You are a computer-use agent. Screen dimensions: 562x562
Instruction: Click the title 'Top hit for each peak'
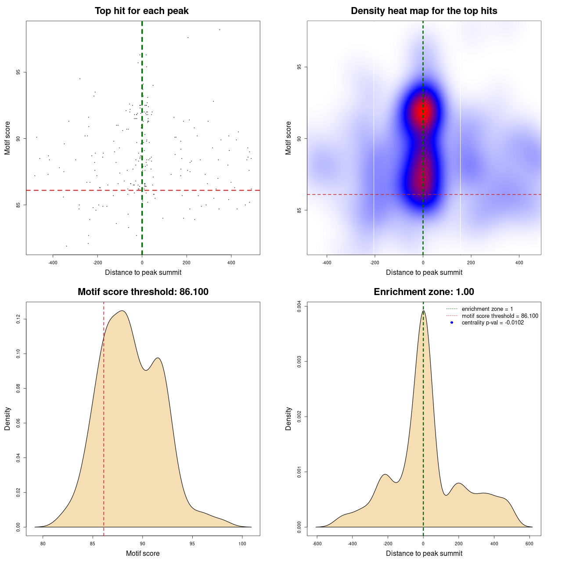(141, 11)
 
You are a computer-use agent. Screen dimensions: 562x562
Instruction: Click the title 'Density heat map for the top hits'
(424, 11)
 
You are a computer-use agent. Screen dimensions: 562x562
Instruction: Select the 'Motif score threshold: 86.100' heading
(143, 292)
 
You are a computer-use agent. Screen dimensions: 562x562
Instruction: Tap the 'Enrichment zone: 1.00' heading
(424, 292)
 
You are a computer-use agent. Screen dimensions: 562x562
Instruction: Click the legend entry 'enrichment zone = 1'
(487, 309)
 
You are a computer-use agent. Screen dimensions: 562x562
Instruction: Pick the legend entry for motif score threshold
(500, 316)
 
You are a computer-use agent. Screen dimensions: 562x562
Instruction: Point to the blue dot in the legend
(452, 323)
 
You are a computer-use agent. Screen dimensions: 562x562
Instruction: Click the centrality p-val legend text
(493, 323)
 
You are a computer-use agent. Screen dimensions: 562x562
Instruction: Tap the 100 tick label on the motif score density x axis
(242, 544)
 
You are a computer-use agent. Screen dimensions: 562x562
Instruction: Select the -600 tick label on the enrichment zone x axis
(317, 544)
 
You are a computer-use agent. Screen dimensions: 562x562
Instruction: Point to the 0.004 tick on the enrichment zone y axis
(299, 306)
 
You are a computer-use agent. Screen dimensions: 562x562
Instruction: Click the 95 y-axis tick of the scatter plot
(18, 72)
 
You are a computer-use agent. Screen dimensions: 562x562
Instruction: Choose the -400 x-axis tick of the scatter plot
(53, 263)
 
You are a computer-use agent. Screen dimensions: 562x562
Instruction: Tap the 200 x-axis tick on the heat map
(471, 263)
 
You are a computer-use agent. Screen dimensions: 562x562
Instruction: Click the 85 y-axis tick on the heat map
(299, 210)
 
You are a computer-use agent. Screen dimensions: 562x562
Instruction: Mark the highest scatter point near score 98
(220, 29)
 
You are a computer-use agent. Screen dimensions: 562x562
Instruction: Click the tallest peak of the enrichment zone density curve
(423, 311)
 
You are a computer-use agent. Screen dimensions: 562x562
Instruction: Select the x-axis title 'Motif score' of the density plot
(143, 553)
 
